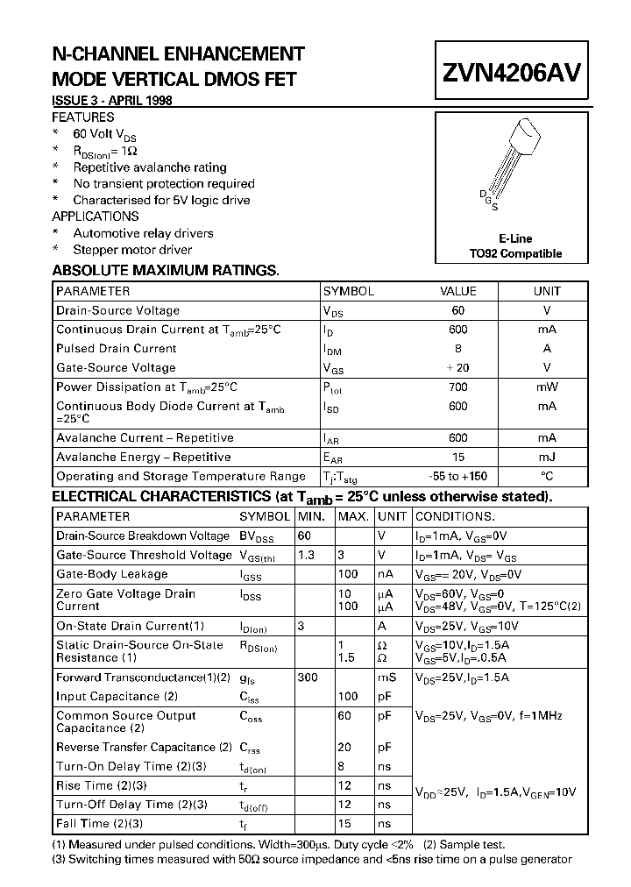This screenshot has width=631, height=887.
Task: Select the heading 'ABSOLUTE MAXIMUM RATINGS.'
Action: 166,271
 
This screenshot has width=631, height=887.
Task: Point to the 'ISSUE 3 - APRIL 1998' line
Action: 112,101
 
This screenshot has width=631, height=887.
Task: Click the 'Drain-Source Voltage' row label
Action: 117,310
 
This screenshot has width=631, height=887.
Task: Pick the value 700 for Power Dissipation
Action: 458,387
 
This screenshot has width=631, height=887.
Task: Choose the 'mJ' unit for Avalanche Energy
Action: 547,457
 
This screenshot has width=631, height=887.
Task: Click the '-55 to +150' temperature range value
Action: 458,476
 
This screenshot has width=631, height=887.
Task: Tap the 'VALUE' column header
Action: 458,291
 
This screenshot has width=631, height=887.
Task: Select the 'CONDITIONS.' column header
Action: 455,516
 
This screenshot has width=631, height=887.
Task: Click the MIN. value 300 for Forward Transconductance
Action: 308,678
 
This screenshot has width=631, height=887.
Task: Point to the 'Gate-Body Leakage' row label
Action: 111,574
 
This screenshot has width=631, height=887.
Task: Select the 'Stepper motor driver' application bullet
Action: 132,250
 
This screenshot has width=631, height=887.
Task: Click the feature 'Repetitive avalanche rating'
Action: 150,167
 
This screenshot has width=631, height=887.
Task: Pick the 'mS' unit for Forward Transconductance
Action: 387,678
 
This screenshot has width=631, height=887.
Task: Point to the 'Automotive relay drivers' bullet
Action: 143,233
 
